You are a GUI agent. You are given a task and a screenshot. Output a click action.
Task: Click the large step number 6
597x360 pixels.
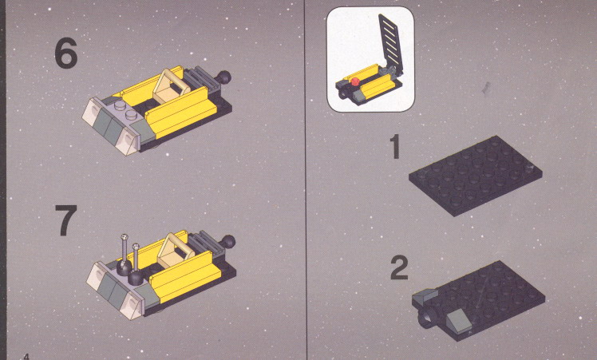(x=66, y=54)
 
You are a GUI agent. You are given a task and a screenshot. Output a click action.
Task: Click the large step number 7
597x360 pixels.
(x=66, y=220)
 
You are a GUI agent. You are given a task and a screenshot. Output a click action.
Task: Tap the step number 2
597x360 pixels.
(x=399, y=268)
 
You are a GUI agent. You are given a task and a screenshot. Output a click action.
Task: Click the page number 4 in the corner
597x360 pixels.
(x=26, y=357)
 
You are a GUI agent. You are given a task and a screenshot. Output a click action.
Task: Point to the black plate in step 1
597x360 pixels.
(x=476, y=176)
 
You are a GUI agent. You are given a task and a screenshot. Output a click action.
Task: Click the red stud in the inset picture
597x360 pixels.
(x=355, y=81)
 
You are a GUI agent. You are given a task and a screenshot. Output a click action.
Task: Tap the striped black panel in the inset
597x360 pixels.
(x=391, y=43)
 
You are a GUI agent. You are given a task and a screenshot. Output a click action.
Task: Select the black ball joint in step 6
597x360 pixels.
(x=223, y=77)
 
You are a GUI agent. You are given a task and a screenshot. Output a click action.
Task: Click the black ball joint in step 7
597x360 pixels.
(x=228, y=242)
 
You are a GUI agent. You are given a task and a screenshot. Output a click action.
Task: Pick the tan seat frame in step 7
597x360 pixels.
(x=174, y=250)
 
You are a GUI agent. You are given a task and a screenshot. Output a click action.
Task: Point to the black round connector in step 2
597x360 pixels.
(x=427, y=317)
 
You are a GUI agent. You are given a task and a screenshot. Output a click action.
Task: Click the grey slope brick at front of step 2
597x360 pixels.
(x=459, y=318)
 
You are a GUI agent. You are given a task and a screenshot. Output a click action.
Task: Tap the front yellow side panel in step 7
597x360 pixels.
(x=185, y=276)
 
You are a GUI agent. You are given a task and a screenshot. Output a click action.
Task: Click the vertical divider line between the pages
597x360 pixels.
(x=305, y=180)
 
